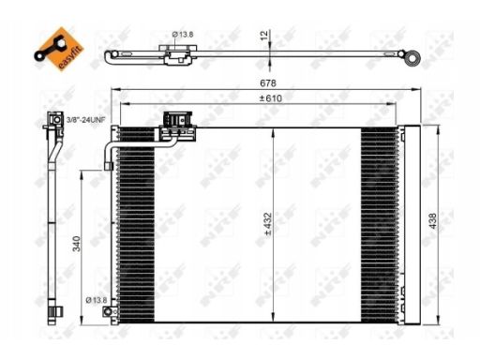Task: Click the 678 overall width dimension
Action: [x=268, y=83]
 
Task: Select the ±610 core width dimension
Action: [x=271, y=98]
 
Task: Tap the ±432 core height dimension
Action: [x=268, y=224]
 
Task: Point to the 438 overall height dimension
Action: [x=433, y=221]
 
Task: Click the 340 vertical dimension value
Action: [x=77, y=244]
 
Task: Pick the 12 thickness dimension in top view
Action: [x=264, y=35]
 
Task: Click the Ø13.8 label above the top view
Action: [x=183, y=35]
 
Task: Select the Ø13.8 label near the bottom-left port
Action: [x=97, y=300]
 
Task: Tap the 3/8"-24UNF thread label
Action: [x=86, y=119]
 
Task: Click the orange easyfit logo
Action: [x=59, y=49]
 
